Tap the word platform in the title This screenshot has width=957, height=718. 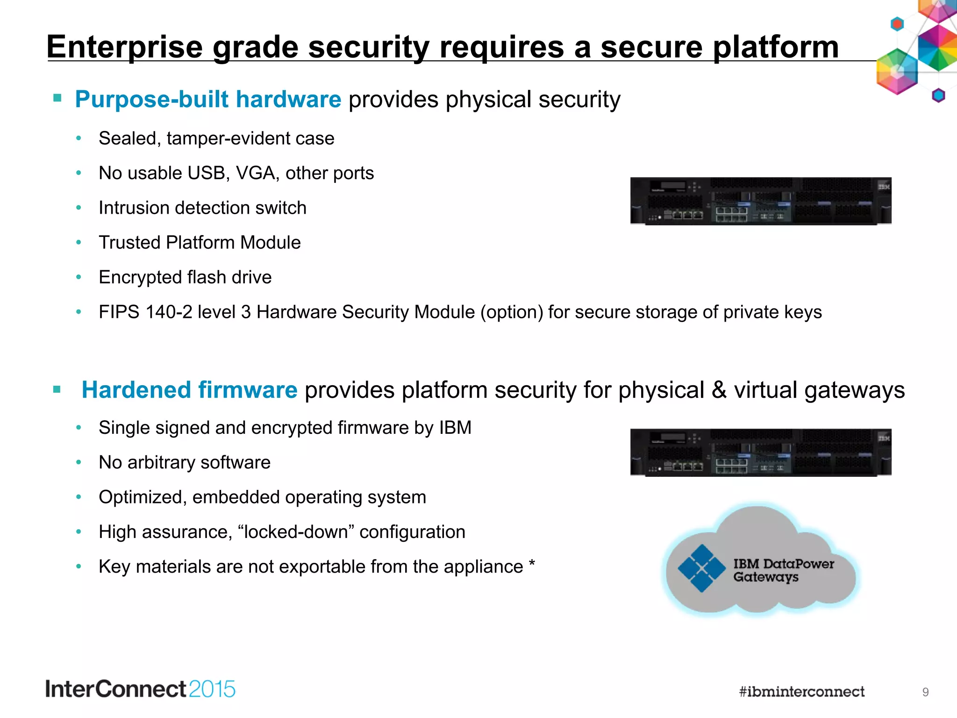click(x=776, y=47)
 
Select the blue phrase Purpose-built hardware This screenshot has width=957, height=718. click(x=208, y=99)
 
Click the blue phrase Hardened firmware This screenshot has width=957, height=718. click(x=189, y=390)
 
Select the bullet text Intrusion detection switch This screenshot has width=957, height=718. click(x=202, y=208)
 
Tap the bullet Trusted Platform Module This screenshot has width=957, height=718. click(x=200, y=243)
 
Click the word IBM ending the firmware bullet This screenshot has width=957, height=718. click(x=455, y=428)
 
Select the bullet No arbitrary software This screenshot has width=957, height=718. click(x=185, y=462)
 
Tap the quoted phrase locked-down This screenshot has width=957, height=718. click(x=296, y=532)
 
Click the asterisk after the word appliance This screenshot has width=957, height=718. click(x=532, y=564)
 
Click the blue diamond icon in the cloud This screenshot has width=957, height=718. click(x=701, y=568)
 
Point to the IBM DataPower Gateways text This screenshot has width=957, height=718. click(x=783, y=570)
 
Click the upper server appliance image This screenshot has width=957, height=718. click(x=761, y=201)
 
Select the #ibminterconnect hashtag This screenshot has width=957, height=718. click(x=801, y=692)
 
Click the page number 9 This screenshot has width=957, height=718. click(x=925, y=692)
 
